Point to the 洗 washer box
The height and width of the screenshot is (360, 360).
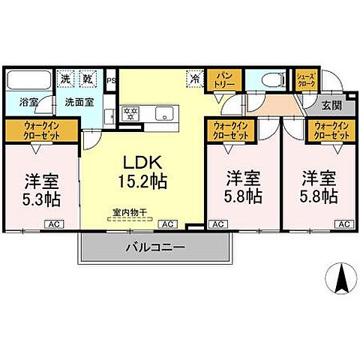tap(67, 79)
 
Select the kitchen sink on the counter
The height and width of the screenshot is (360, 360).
tap(165, 114)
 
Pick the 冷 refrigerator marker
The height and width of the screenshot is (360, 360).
tap(196, 77)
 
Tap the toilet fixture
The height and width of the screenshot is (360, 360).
tap(271, 79)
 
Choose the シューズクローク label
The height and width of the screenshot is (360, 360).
tap(306, 80)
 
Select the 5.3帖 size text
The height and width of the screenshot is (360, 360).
tap(41, 200)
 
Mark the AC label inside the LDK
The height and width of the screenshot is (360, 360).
tap(168, 223)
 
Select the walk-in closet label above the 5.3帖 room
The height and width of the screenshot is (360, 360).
tap(41, 132)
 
